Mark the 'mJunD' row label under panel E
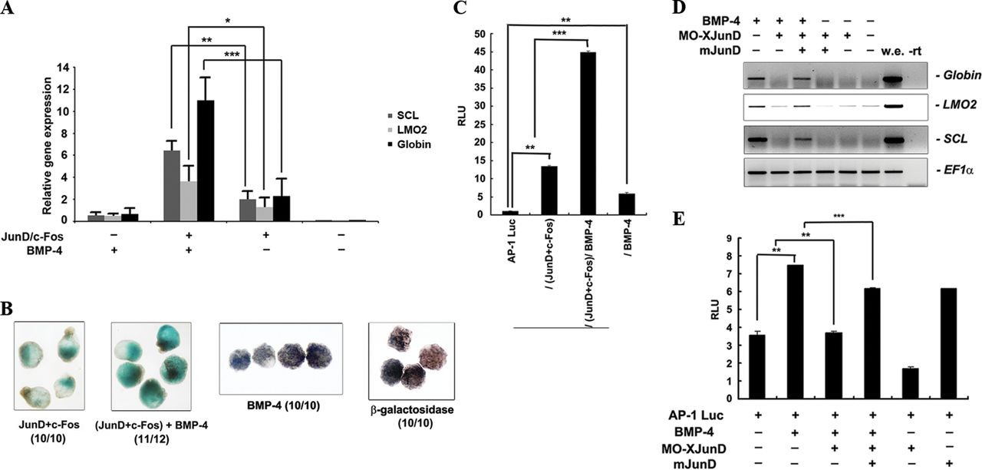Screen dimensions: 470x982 pos(688,461)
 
